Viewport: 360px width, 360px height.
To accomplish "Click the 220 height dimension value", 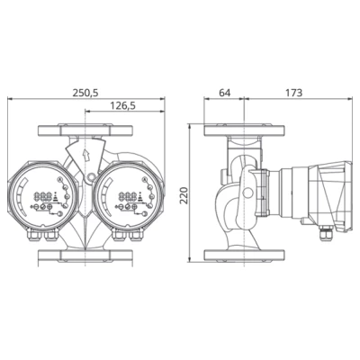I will tap(186, 193).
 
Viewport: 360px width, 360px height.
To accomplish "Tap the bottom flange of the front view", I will tap(86, 260).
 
